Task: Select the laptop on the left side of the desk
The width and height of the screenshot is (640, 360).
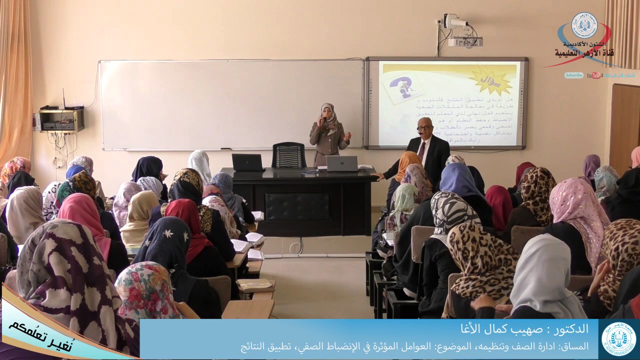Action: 247,162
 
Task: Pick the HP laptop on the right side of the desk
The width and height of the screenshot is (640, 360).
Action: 342,163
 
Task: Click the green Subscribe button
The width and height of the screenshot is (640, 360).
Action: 574,75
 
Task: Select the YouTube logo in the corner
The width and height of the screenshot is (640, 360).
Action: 595,75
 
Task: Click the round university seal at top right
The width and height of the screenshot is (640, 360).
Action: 584,25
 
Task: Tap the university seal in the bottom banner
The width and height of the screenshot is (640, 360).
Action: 618,338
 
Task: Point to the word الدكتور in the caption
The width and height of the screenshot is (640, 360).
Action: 569,329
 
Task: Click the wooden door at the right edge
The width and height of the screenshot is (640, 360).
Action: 624,125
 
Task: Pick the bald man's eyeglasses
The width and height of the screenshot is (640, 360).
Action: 423,128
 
